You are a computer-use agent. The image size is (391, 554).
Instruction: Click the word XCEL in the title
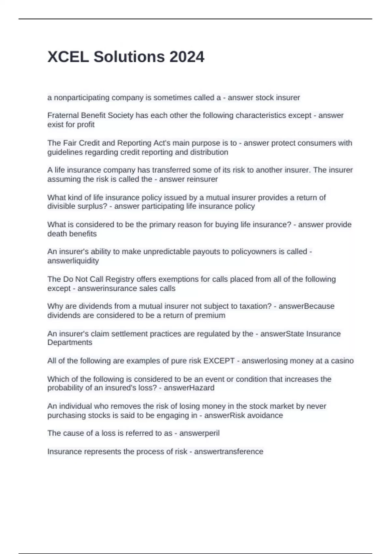(x=68, y=57)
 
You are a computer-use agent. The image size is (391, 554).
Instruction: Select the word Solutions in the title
(x=129, y=57)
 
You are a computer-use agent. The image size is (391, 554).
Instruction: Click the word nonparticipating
(x=77, y=98)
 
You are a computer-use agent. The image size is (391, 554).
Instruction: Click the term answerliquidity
(x=73, y=261)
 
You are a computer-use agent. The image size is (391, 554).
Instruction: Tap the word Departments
(x=70, y=343)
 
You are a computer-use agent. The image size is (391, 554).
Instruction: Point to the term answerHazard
(x=189, y=388)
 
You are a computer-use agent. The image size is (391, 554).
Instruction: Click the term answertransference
(x=228, y=452)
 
